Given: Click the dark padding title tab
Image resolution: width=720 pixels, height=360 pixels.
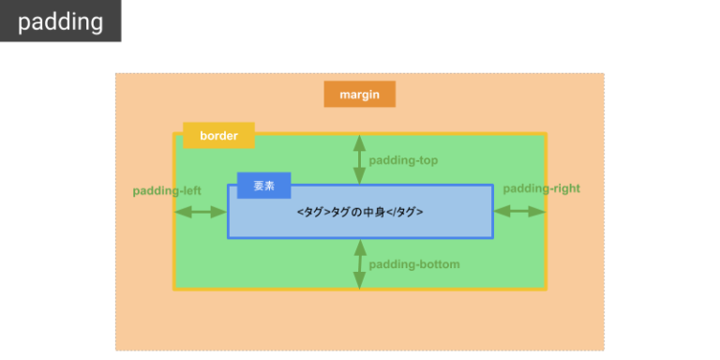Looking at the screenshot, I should [x=60, y=22].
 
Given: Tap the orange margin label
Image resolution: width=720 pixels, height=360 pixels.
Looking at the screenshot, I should [x=359, y=95].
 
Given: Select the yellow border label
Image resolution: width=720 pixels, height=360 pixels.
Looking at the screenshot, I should [x=218, y=136].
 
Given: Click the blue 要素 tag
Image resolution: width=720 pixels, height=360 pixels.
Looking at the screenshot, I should [x=263, y=186].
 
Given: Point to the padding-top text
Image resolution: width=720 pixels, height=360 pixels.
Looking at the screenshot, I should [x=403, y=160].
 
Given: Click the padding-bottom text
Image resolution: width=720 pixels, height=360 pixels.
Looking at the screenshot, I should [x=413, y=264].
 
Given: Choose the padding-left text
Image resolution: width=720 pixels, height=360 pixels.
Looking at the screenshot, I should [x=167, y=190].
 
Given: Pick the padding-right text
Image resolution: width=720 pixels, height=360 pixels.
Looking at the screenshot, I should [x=541, y=188].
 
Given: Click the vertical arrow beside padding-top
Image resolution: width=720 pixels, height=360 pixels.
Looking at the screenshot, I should [x=359, y=159].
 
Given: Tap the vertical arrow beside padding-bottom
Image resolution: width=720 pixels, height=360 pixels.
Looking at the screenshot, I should [x=359, y=263].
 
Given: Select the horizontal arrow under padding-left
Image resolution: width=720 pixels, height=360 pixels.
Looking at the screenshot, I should [x=201, y=212].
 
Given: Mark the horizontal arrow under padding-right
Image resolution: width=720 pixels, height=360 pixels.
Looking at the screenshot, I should [x=519, y=212].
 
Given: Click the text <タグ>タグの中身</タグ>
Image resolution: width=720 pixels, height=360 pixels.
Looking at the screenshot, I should [x=360, y=212].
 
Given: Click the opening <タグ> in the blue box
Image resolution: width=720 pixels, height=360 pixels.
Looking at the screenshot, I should [x=314, y=212].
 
